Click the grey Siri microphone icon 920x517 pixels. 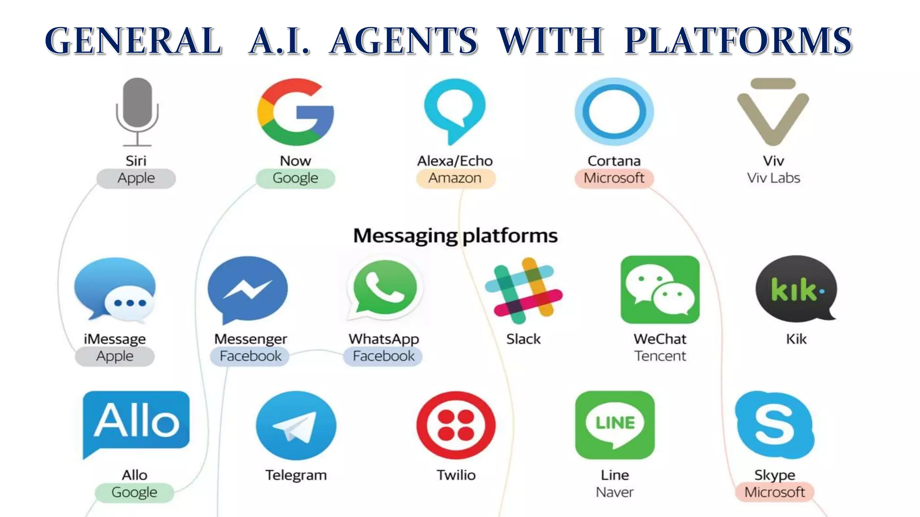pyautogui.click(x=137, y=111)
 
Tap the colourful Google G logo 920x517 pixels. pyautogui.click(x=296, y=112)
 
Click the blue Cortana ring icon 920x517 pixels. pyautogui.click(x=614, y=112)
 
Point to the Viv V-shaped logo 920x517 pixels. pyautogui.click(x=773, y=112)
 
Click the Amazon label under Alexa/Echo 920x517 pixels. pyautogui.click(x=455, y=178)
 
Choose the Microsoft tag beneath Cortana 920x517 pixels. pyautogui.click(x=614, y=178)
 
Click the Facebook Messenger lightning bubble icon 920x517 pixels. pyautogui.click(x=248, y=289)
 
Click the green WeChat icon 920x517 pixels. pyautogui.click(x=660, y=289)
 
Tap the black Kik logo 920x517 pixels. pyautogui.click(x=796, y=289)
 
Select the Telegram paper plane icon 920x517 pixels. pyautogui.click(x=296, y=425)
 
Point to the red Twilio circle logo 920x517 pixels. pyautogui.click(x=456, y=425)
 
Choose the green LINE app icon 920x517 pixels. pyautogui.click(x=615, y=424)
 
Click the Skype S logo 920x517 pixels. pyautogui.click(x=774, y=424)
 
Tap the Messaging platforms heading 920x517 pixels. pyautogui.click(x=455, y=236)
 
